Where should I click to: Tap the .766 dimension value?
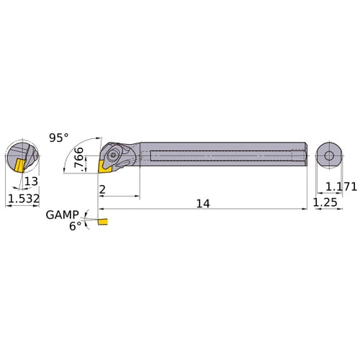80,156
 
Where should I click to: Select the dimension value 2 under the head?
104,189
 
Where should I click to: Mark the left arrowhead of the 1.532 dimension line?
8,204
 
